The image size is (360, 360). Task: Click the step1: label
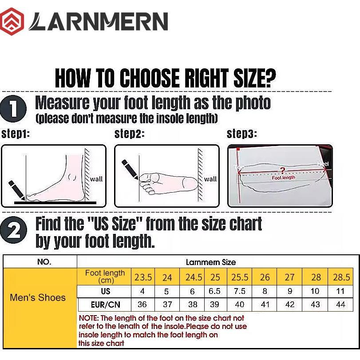[x=16, y=134]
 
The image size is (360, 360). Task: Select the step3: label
[x=242, y=134]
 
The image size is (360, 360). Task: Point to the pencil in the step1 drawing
[x=16, y=189]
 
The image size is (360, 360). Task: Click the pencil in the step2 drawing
[x=130, y=168]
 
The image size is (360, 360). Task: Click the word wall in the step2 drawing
[x=210, y=179]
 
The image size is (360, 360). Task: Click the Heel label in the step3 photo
[x=323, y=164]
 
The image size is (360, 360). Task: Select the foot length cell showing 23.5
[x=143, y=277]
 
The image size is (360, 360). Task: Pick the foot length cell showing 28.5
[x=341, y=277]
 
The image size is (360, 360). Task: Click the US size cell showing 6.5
[x=215, y=292]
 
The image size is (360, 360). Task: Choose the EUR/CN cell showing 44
[x=341, y=305]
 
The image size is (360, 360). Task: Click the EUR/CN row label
[x=105, y=305]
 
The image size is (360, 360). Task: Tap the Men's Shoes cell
[x=38, y=298]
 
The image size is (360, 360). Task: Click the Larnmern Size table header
[x=210, y=262]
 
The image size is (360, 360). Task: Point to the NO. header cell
[x=44, y=262]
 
